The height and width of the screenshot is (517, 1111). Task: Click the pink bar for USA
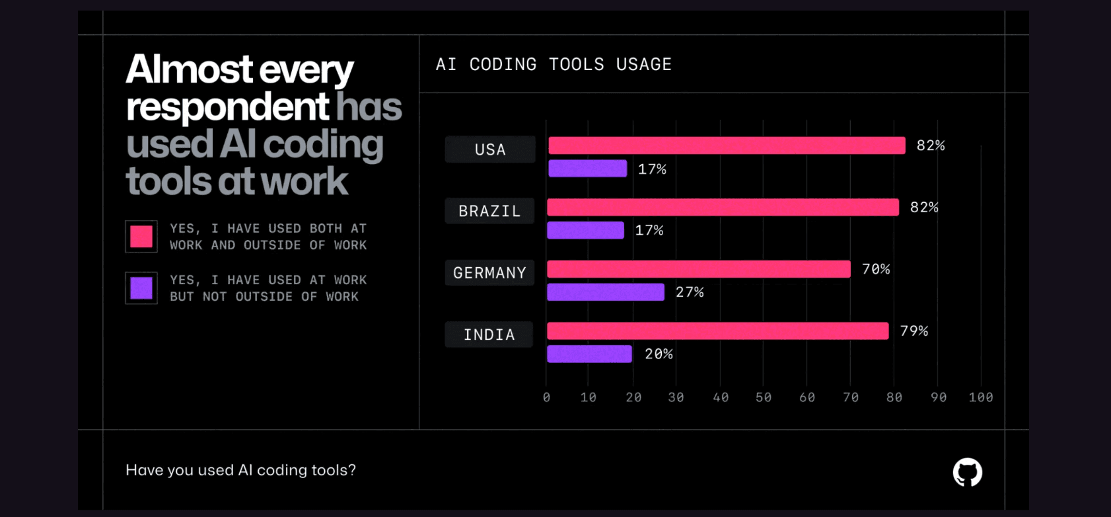[x=727, y=145]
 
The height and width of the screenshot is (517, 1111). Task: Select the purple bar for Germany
[x=606, y=292]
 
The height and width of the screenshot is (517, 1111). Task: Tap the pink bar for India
[x=718, y=331]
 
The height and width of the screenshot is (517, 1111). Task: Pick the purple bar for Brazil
[x=585, y=230]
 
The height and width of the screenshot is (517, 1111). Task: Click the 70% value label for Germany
[x=876, y=269]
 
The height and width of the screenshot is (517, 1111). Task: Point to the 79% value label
[x=914, y=331]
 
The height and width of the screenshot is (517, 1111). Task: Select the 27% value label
[x=690, y=292]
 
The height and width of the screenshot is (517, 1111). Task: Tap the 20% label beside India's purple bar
[x=659, y=354]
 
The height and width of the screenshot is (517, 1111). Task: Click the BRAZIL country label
[x=489, y=211]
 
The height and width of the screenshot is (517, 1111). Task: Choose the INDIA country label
[x=489, y=335]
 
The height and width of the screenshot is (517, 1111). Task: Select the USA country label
[x=490, y=149]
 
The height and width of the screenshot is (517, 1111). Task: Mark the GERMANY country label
[x=489, y=272]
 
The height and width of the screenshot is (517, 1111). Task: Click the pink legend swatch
[x=141, y=237]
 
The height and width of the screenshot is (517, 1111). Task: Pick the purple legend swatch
[x=141, y=288]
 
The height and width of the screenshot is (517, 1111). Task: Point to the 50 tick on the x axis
[x=764, y=397]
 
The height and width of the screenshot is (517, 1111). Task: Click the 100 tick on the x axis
[x=981, y=397]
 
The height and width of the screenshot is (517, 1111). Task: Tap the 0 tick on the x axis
[x=546, y=397]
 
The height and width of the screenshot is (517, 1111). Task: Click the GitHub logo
[x=967, y=472]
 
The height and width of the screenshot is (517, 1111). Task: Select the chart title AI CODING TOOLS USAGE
[x=554, y=64]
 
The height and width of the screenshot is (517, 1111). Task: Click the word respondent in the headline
[x=227, y=107]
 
